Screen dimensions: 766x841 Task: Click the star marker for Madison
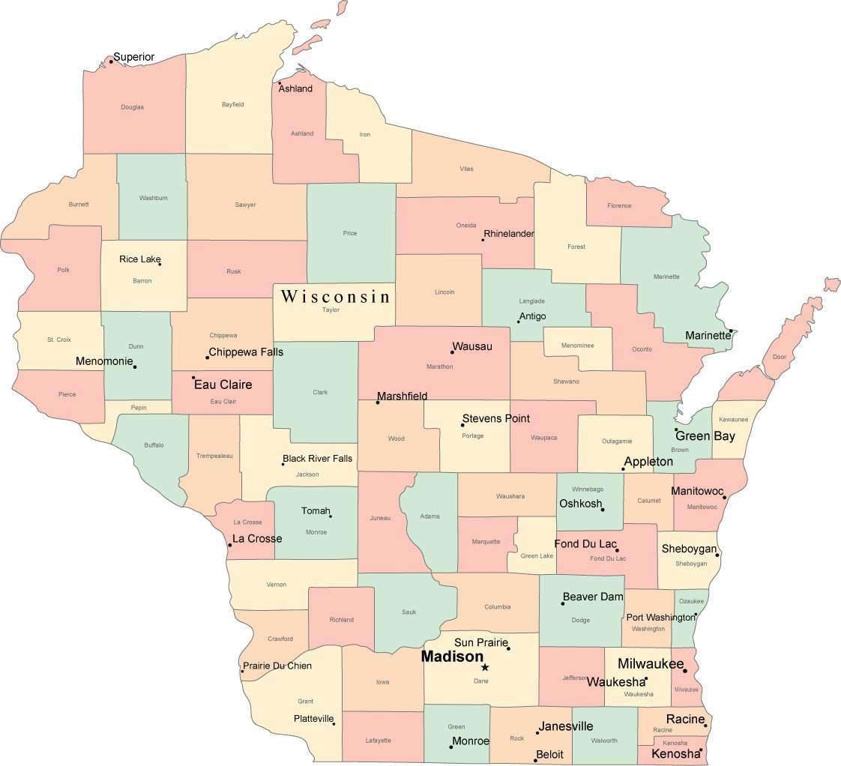485,667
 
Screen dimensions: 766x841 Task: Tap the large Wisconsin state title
336,296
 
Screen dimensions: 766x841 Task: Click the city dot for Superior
111,61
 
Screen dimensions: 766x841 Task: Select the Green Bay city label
705,435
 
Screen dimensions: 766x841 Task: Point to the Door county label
780,357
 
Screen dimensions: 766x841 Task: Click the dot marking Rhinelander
483,240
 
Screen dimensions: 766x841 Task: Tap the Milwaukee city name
650,664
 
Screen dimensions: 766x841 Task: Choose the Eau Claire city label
223,384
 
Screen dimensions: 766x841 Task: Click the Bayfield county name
232,104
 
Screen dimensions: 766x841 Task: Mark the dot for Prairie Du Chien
242,671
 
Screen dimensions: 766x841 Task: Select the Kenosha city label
675,753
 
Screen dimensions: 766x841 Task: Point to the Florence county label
619,205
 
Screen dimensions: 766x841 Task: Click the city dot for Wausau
452,352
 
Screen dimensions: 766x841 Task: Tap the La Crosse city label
257,538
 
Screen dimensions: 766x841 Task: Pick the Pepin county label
139,408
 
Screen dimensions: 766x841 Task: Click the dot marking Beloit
535,760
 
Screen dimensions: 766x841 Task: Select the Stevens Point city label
495,418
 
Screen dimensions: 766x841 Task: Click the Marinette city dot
731,331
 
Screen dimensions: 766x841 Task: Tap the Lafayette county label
379,741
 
